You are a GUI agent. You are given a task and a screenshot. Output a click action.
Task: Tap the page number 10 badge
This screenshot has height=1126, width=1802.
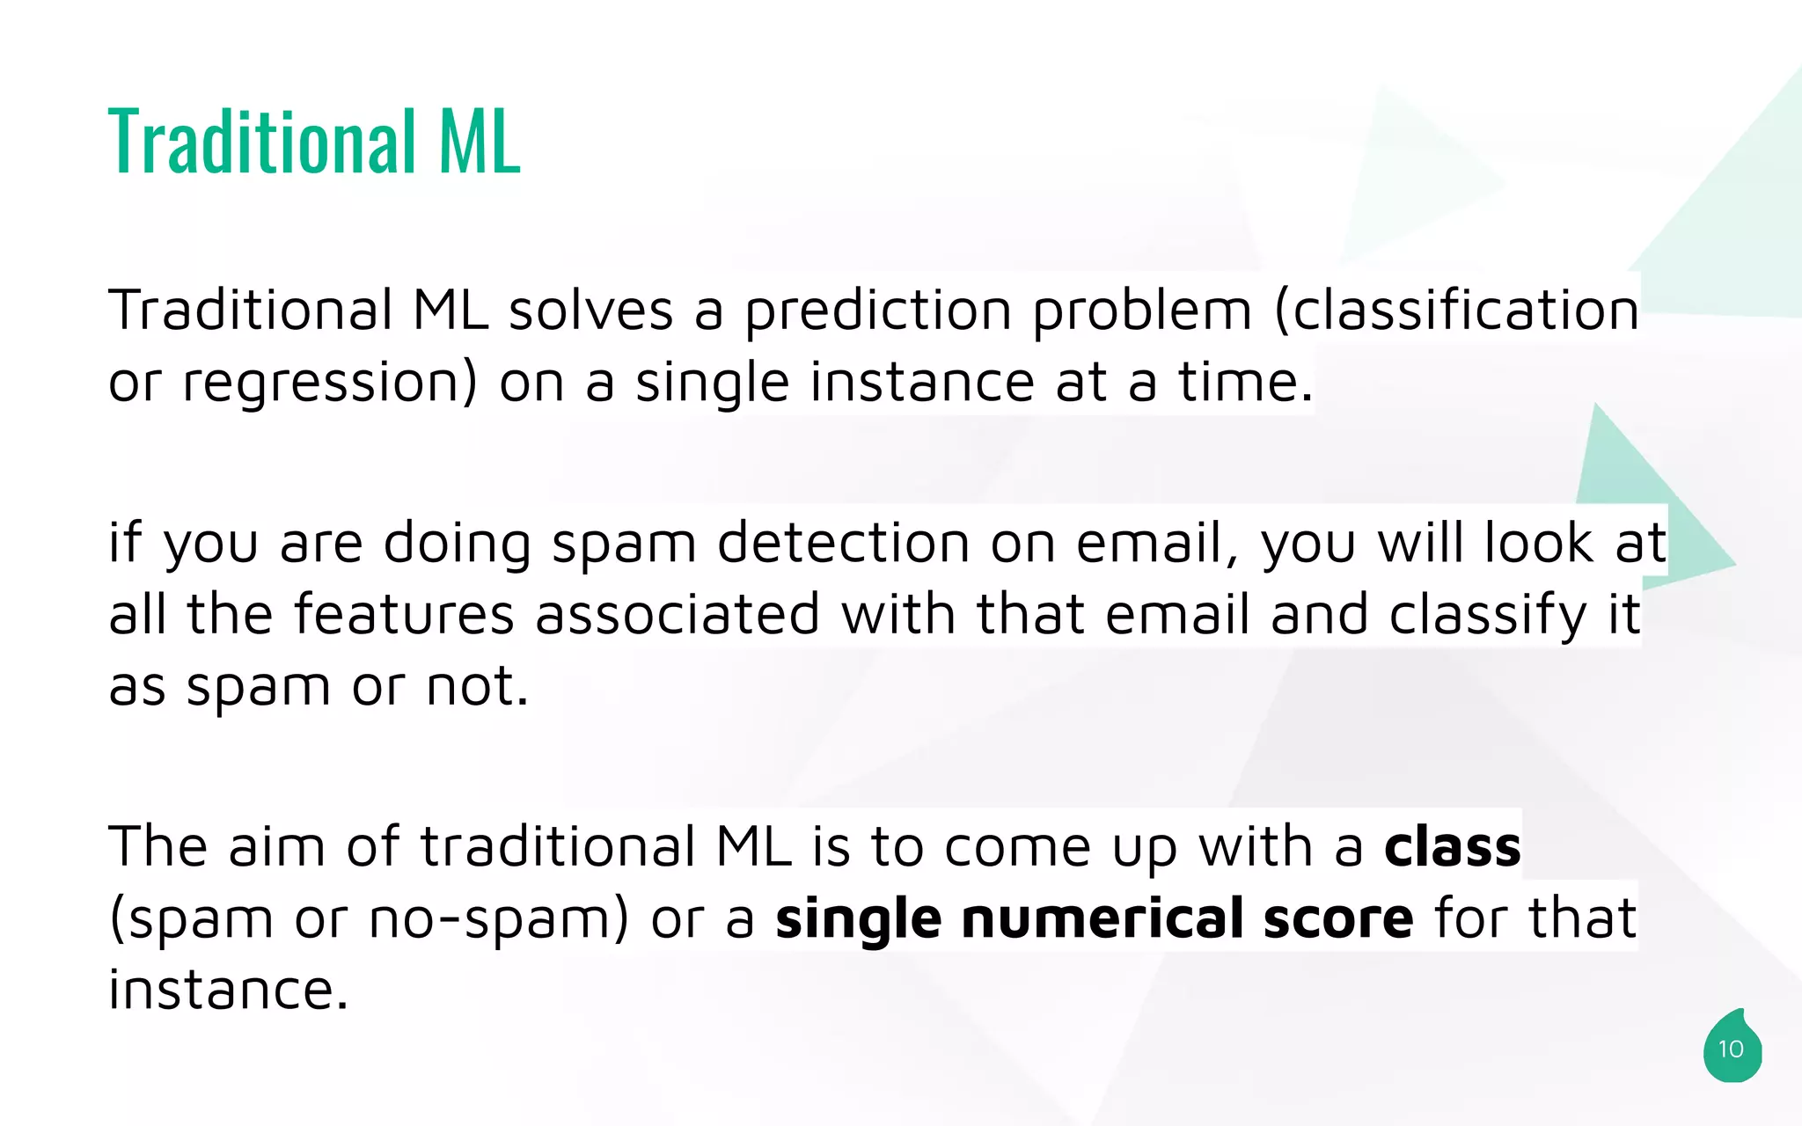coord(1731,1049)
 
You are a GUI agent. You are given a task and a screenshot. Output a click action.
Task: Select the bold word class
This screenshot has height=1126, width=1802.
coord(1452,846)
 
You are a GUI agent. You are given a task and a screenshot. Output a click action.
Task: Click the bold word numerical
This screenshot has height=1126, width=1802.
coord(1102,918)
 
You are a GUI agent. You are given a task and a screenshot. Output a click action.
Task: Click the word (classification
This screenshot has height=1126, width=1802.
coord(1456,311)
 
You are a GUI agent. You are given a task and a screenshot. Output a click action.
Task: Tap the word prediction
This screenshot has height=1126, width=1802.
coord(878,311)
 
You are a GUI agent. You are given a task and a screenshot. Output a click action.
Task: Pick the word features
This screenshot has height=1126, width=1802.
coord(404,614)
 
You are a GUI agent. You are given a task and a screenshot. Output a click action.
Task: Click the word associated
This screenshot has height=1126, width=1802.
coord(678,614)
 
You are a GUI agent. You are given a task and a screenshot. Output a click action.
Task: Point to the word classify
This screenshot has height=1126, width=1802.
coord(1487,616)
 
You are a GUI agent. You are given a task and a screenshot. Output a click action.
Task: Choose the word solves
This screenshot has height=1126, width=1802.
coord(590,311)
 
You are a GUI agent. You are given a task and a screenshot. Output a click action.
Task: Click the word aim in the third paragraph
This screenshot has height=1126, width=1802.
coord(276,846)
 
